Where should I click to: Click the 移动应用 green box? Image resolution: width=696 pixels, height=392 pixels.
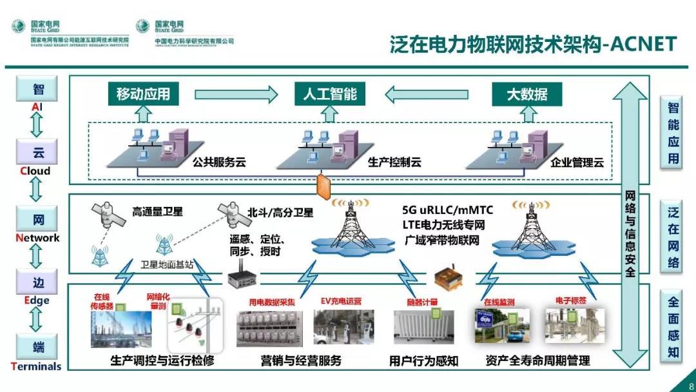[143, 94]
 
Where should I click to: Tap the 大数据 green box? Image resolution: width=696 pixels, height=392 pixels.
[527, 94]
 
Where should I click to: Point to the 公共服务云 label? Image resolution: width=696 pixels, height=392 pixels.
[219, 162]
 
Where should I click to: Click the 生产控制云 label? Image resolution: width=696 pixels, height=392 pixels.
[394, 162]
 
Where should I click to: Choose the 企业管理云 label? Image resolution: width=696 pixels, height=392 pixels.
[577, 162]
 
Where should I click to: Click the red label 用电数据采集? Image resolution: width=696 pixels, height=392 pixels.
[272, 301]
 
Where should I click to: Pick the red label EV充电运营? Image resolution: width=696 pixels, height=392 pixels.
[341, 301]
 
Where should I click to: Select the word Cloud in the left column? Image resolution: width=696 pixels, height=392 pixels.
[34, 171]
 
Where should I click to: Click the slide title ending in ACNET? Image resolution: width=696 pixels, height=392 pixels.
[533, 44]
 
